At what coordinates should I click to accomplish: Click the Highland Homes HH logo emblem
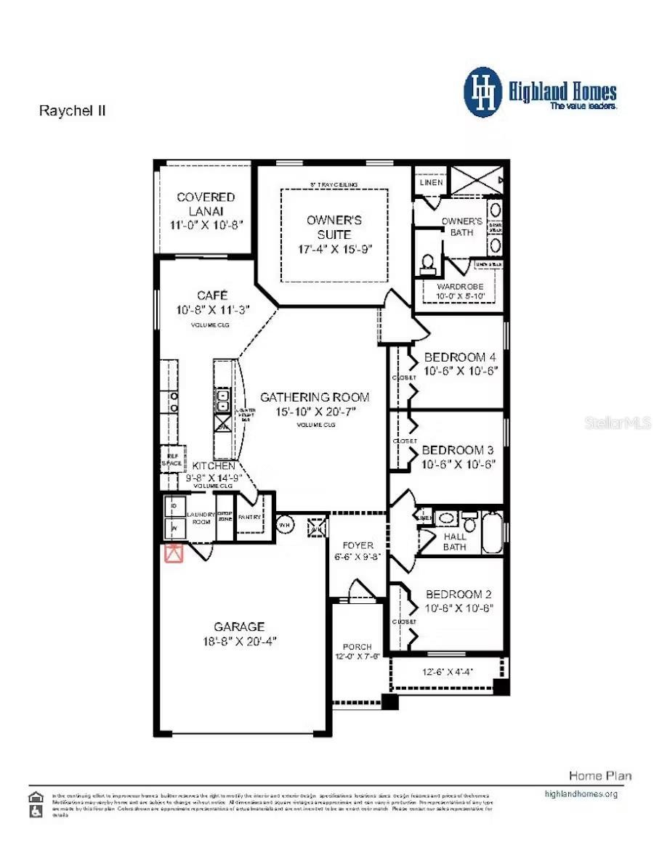483,92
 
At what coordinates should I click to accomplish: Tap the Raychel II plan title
72,111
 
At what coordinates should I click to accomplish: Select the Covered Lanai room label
206,204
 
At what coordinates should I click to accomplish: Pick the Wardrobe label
459,287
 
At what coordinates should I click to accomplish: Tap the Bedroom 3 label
458,450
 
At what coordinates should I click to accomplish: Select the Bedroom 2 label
459,594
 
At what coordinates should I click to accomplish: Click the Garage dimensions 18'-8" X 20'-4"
239,641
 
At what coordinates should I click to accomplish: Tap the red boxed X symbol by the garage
174,553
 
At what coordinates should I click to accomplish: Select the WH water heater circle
285,523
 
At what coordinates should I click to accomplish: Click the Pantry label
249,517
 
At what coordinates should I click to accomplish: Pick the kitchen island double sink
222,400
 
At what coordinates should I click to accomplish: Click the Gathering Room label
315,397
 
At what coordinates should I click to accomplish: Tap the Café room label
212,295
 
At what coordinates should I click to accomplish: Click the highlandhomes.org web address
581,793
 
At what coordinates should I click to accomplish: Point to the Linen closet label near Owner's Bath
431,183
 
